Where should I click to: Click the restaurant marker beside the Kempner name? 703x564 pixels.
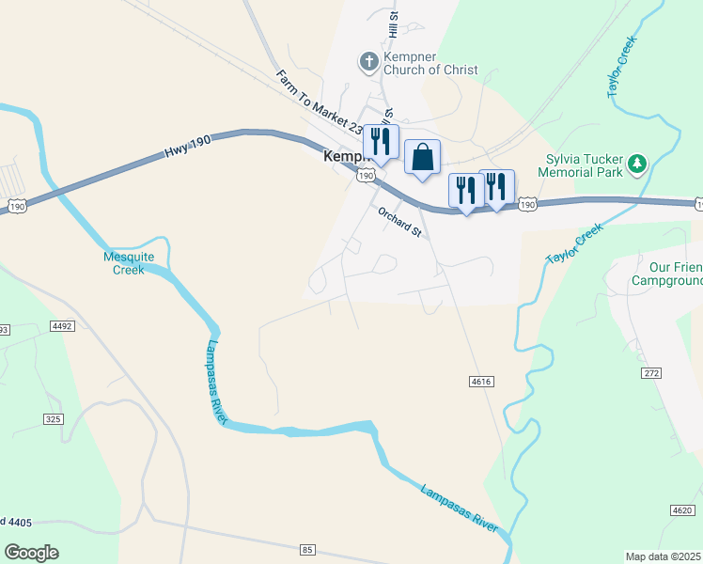coord(381,143)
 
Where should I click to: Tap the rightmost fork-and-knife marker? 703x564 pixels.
coord(496,186)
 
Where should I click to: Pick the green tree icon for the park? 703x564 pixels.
coord(638,164)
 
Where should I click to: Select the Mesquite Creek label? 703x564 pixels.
coord(124,262)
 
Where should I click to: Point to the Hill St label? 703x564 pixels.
coord(394,23)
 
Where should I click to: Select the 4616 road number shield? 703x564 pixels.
coord(480,382)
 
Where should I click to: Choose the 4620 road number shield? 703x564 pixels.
coord(683,510)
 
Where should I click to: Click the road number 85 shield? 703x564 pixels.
coord(307,549)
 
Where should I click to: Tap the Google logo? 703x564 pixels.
coord(31,553)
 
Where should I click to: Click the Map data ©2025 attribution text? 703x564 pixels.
coord(663,556)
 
